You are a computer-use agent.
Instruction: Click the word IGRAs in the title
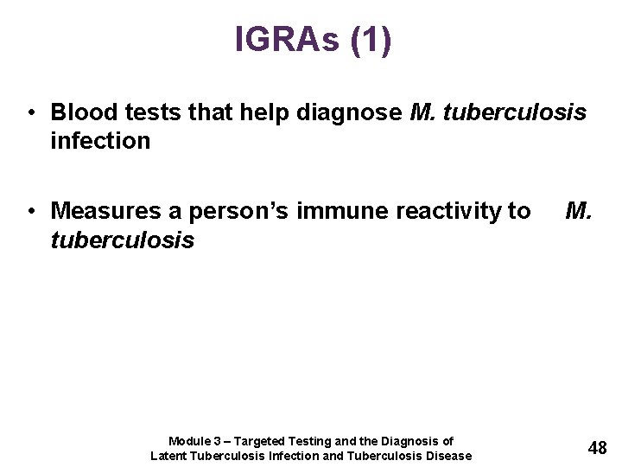(x=288, y=40)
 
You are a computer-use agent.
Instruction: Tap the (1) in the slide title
(x=371, y=40)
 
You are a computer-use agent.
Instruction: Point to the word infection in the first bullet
(x=100, y=140)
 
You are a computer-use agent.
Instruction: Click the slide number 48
(x=597, y=447)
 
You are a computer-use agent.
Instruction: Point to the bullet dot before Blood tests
(x=30, y=113)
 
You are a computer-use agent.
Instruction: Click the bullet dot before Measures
(x=30, y=212)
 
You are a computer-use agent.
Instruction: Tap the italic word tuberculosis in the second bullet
(x=123, y=240)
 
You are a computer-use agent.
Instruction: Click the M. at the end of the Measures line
(x=579, y=211)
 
